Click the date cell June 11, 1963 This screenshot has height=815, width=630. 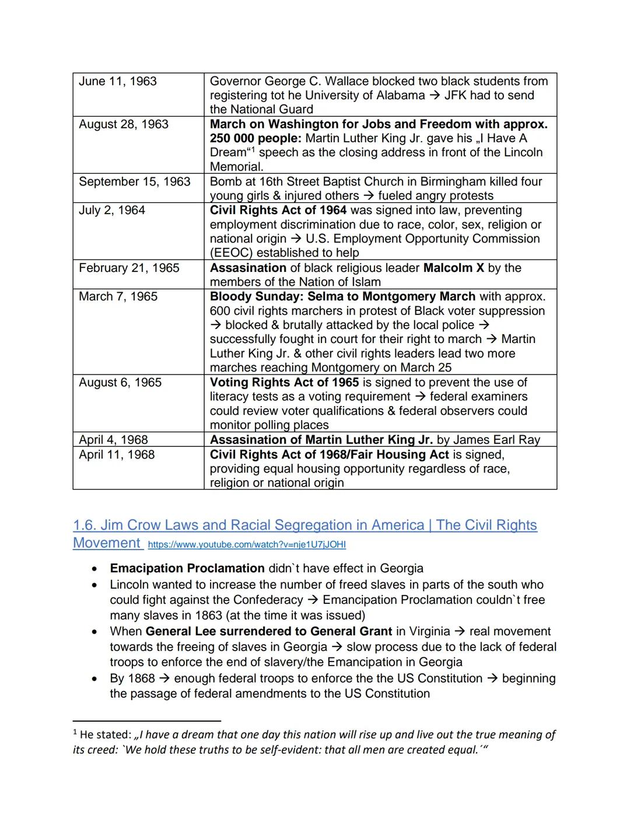click(x=118, y=82)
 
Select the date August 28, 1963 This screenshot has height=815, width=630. click(x=124, y=125)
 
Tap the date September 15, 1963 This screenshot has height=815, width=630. click(x=135, y=182)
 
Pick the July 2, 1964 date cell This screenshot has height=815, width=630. click(x=112, y=211)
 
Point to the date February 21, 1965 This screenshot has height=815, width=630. click(x=129, y=268)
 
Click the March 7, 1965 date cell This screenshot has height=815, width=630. click(x=118, y=297)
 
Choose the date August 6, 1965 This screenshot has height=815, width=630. click(x=120, y=383)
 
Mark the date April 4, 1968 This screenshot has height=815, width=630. click(x=114, y=440)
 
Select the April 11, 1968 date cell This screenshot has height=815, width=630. click(x=117, y=455)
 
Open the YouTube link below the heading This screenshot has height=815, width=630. click(x=247, y=545)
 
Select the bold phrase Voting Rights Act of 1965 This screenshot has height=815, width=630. click(x=284, y=383)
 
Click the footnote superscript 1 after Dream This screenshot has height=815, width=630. click(x=253, y=149)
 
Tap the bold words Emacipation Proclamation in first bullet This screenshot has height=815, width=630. click(x=187, y=569)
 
